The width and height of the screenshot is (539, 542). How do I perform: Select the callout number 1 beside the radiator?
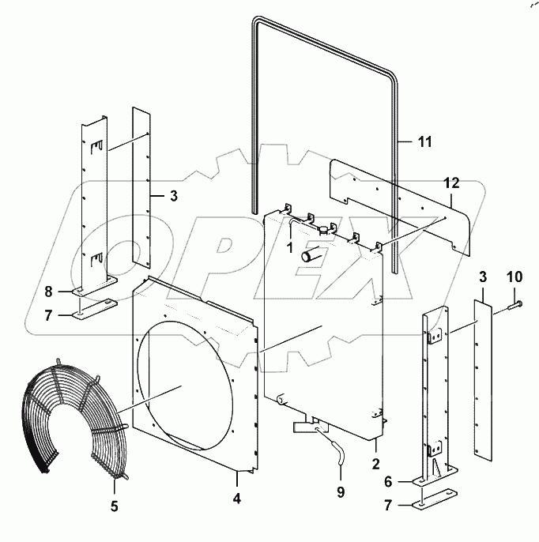point(290,247)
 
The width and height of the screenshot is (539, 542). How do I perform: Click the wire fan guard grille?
point(71,419)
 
